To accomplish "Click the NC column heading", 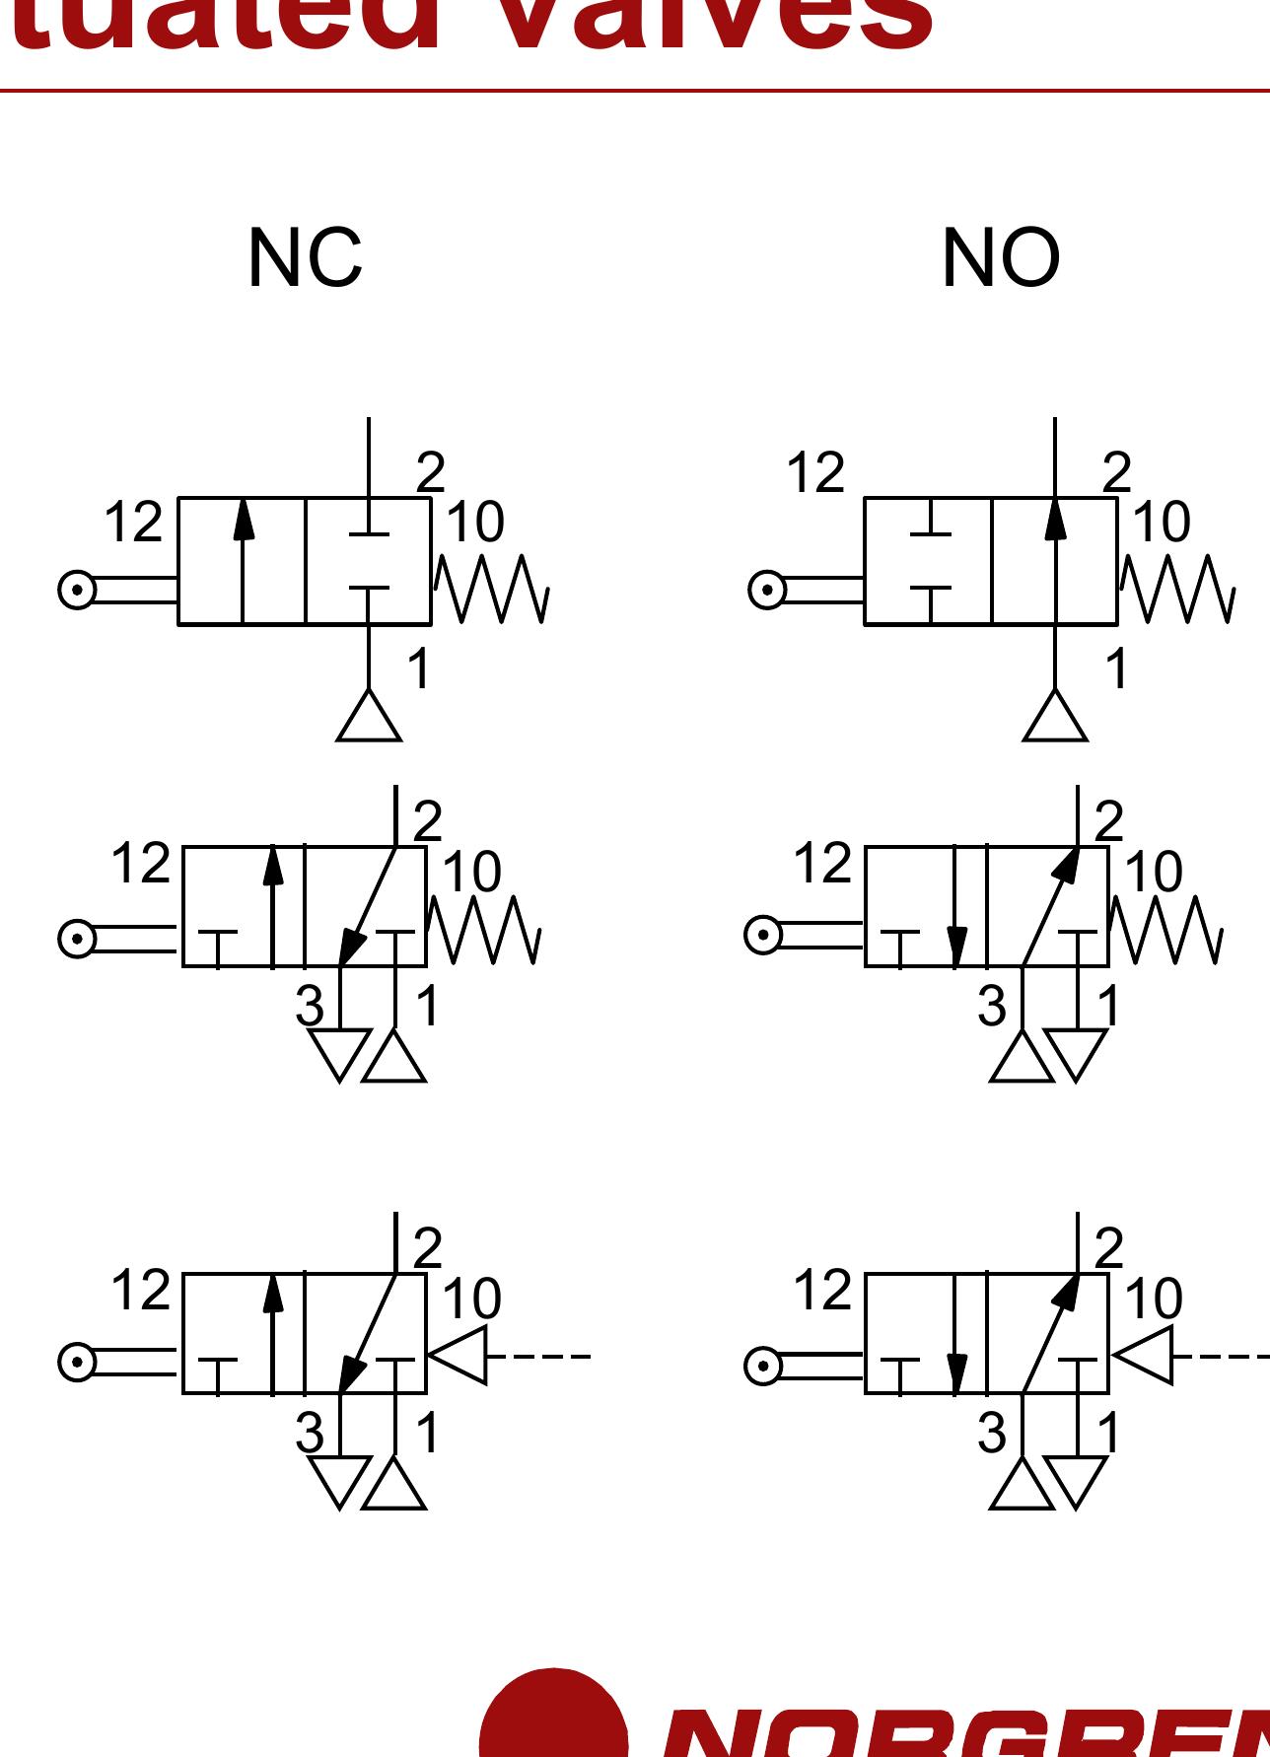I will (x=305, y=258).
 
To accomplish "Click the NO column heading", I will (x=1000, y=258).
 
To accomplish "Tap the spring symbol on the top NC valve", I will (x=491, y=589).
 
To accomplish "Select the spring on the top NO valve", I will (x=1176, y=589).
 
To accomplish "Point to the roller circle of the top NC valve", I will (x=77, y=590).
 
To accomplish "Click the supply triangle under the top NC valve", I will (x=369, y=717).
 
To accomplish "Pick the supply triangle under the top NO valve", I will (x=1055, y=717).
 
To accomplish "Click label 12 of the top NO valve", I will (x=815, y=472).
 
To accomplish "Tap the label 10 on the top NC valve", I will (x=474, y=522).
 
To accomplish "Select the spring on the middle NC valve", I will (x=484, y=929).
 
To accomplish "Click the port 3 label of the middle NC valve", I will (x=309, y=1007).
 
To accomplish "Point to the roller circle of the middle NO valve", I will (x=763, y=934).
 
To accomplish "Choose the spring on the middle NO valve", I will (x=1166, y=929).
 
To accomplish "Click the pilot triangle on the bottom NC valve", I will (x=459, y=1356).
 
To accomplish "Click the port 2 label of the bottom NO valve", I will (x=1109, y=1249).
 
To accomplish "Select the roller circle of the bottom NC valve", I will (x=77, y=1363).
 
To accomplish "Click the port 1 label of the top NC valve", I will (x=419, y=669).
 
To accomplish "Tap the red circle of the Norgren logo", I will (x=553, y=1716).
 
